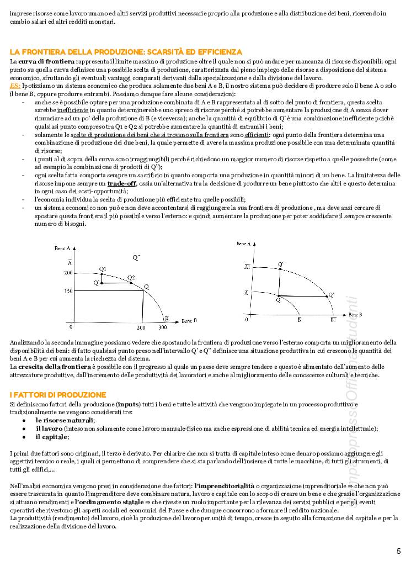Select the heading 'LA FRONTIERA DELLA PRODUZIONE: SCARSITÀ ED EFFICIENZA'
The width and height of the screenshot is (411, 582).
(122, 51)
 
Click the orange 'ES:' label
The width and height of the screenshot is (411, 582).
(15, 86)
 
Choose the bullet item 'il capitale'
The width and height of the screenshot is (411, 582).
(52, 437)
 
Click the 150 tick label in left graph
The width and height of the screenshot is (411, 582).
(68, 290)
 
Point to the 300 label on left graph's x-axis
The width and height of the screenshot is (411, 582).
(162, 327)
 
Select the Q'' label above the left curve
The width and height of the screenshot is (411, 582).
(136, 257)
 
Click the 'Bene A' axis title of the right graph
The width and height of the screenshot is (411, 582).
(243, 244)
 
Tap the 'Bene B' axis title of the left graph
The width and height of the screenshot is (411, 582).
(189, 320)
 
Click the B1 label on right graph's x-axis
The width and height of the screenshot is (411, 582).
(333, 320)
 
